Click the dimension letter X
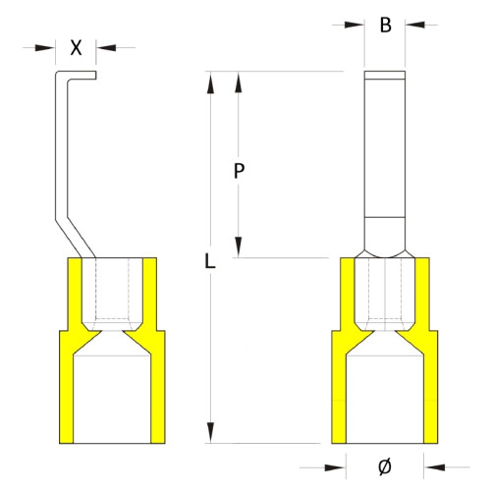[77, 46]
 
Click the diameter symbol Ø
[385, 465]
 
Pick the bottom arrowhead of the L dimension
[208, 433]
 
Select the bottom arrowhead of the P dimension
[239, 247]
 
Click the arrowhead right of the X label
[104, 46]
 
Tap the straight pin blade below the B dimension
[385, 147]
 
